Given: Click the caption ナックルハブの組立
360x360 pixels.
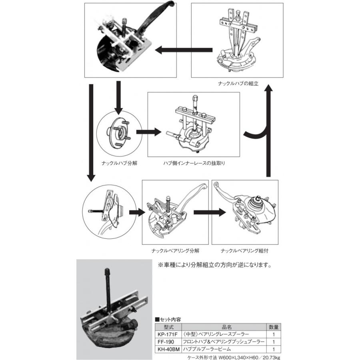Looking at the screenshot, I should [238, 84].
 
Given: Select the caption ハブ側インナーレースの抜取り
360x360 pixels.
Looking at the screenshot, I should [194, 164].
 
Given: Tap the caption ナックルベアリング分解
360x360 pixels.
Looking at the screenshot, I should [175, 251].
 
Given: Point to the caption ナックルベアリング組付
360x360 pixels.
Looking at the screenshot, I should [244, 251].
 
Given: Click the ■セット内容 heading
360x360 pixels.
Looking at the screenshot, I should [168, 320].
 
